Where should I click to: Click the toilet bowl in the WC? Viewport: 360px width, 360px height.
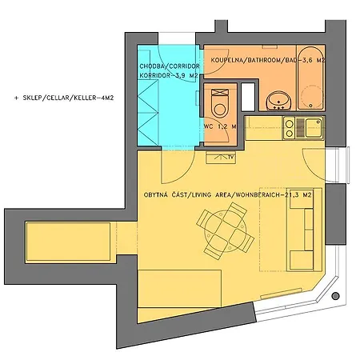pyautogui.click(x=220, y=106)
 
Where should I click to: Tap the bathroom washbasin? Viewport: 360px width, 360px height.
pyautogui.click(x=279, y=101)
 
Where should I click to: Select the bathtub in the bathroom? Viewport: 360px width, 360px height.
pyautogui.click(x=310, y=78)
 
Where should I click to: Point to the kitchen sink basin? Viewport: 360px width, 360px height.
pyautogui.click(x=314, y=128)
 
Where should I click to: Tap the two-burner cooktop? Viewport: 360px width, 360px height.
pyautogui.click(x=290, y=128)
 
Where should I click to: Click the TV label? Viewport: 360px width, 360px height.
pyautogui.click(x=231, y=158)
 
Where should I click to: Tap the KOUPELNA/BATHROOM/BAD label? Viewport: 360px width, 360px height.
pyautogui.click(x=253, y=60)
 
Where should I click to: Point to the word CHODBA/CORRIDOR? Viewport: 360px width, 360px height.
pyautogui.click(x=170, y=66)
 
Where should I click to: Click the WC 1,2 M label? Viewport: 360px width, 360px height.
pyautogui.click(x=220, y=126)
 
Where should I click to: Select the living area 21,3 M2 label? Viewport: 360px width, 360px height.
pyautogui.click(x=228, y=195)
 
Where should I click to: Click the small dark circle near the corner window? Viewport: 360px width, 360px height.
pyautogui.click(x=336, y=296)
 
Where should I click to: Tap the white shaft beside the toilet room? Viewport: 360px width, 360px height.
pyautogui.click(x=248, y=97)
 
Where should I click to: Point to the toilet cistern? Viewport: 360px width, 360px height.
pyautogui.click(x=220, y=93)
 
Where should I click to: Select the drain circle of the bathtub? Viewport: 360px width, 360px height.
pyautogui.click(x=311, y=106)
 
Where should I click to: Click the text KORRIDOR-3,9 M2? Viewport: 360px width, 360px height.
pyautogui.click(x=169, y=76)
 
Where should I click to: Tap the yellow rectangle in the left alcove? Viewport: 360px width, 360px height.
pyautogui.click(x=68, y=242)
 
